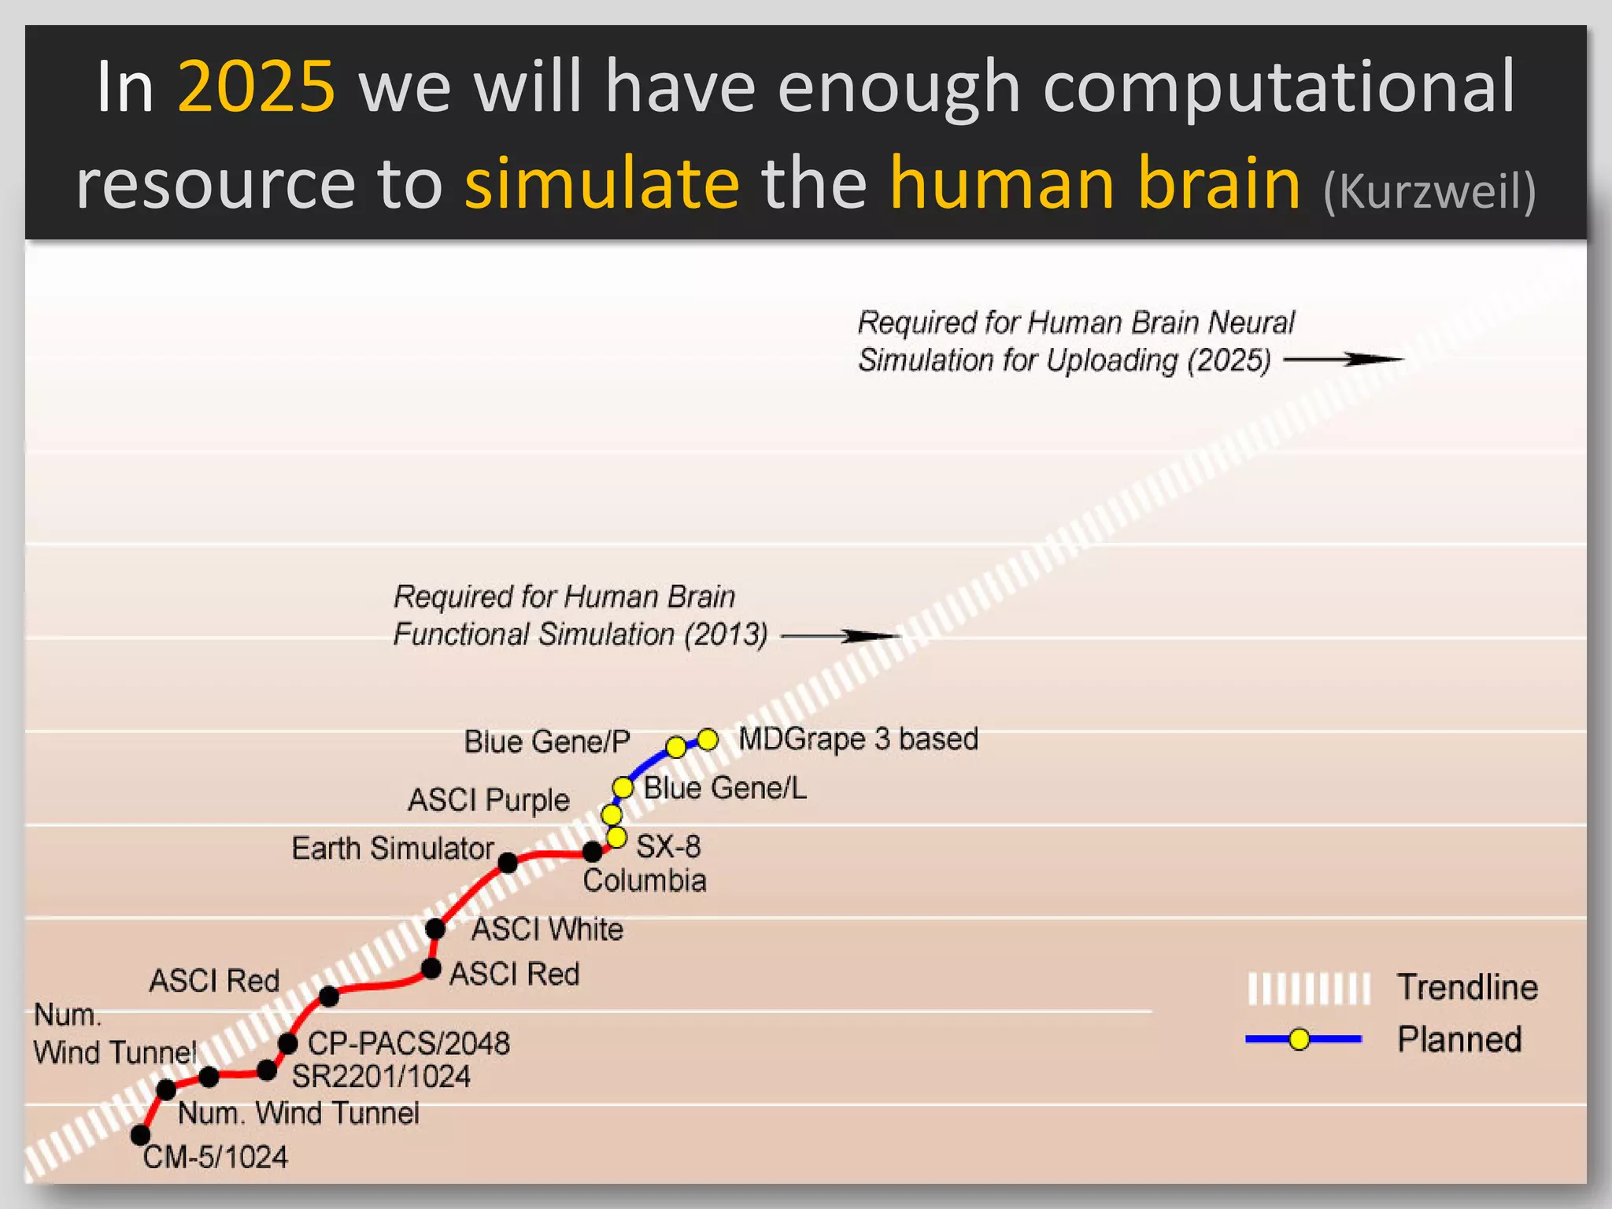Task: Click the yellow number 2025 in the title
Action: (x=257, y=87)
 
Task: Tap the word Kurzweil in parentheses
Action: (x=1429, y=191)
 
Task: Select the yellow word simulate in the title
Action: (x=602, y=183)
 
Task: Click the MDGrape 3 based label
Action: (x=858, y=739)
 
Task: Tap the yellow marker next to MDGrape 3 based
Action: (x=708, y=739)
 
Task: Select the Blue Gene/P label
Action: (x=547, y=741)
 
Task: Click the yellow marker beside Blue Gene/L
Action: (x=623, y=787)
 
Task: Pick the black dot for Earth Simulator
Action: (x=508, y=863)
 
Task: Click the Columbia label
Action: (x=644, y=881)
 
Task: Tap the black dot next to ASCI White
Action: (x=435, y=929)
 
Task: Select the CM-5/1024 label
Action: (x=216, y=1157)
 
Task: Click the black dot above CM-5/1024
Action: (x=140, y=1135)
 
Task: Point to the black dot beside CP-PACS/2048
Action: (x=288, y=1044)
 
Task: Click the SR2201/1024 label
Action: (x=381, y=1077)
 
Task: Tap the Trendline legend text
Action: (x=1467, y=987)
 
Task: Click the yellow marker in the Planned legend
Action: (x=1300, y=1040)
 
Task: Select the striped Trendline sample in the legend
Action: (x=1309, y=989)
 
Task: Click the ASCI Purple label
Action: (x=489, y=800)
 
